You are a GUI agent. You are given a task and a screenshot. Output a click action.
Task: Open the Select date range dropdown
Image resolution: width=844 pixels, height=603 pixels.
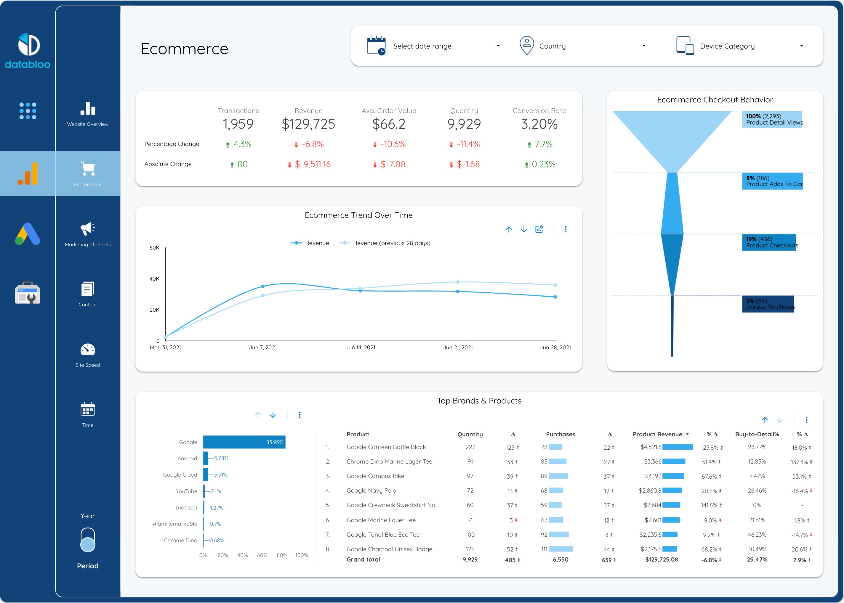click(x=433, y=46)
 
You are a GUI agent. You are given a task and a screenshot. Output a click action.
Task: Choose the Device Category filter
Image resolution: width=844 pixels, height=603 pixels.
click(x=739, y=46)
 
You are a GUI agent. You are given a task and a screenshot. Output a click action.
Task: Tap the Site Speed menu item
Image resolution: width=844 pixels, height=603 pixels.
click(x=88, y=355)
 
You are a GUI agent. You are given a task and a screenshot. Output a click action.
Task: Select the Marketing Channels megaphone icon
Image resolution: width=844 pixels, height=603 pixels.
click(x=88, y=229)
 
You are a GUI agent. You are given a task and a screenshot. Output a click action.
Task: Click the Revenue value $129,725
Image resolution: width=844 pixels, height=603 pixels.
click(x=308, y=124)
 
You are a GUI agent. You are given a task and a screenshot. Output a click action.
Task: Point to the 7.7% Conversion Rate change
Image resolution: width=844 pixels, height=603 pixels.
click(x=543, y=144)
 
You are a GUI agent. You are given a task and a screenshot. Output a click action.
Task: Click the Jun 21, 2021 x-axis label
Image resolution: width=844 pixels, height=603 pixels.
click(x=458, y=348)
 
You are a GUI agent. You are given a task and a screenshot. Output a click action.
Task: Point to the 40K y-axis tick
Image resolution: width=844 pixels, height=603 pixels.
click(x=155, y=279)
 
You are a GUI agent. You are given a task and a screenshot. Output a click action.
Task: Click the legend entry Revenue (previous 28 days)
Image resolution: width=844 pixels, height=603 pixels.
click(x=391, y=243)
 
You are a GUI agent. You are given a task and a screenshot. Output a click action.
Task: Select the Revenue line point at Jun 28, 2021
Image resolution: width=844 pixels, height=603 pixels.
click(x=555, y=297)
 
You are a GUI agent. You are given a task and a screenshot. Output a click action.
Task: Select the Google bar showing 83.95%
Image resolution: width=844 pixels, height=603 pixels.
click(x=244, y=442)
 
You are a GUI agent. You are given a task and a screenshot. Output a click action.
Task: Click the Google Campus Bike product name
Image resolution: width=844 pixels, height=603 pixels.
click(x=375, y=476)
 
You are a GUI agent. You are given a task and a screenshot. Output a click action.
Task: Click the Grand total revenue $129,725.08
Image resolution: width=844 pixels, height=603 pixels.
click(x=661, y=559)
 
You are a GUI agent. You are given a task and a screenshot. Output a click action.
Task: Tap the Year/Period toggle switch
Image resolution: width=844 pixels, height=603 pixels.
click(x=88, y=540)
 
